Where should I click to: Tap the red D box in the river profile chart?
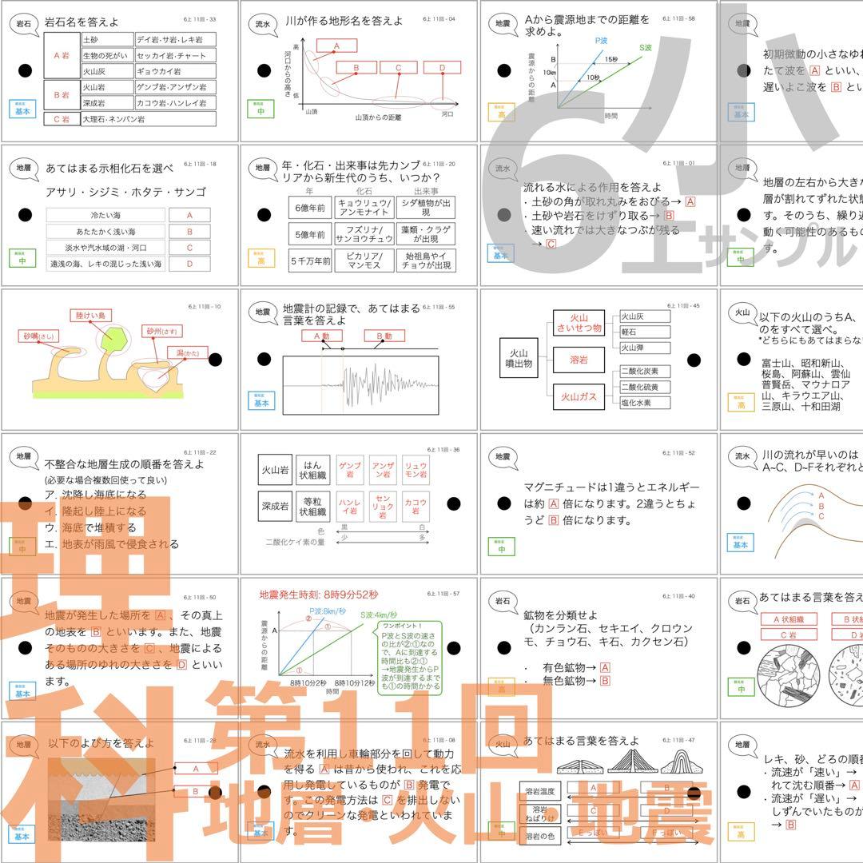tap(442, 68)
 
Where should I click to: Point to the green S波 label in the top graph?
tap(646, 48)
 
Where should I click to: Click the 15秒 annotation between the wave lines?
tap(610, 59)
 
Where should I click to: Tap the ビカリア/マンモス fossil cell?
tap(353, 260)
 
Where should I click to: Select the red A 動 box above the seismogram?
tap(322, 336)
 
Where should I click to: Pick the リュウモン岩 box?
tap(415, 470)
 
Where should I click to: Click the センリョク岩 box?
tap(383, 507)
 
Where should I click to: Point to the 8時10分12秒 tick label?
tap(355, 683)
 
